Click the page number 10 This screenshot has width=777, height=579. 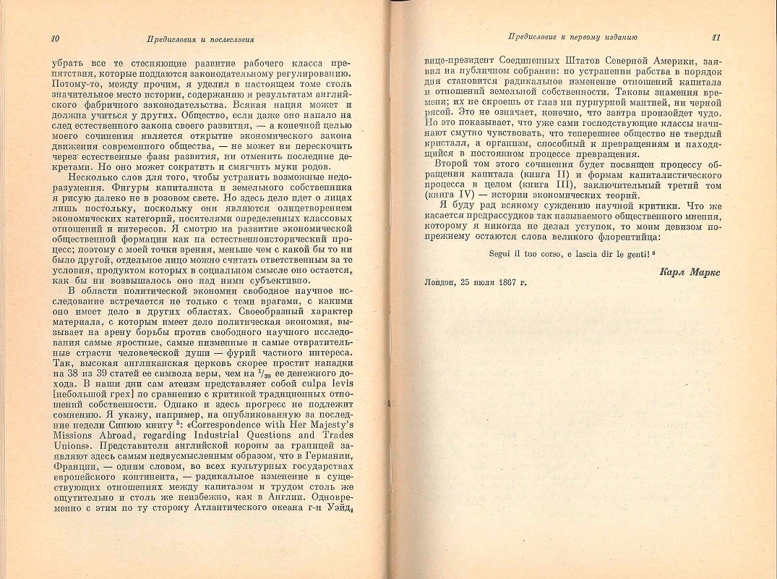click(x=55, y=37)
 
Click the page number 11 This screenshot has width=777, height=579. click(x=716, y=37)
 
